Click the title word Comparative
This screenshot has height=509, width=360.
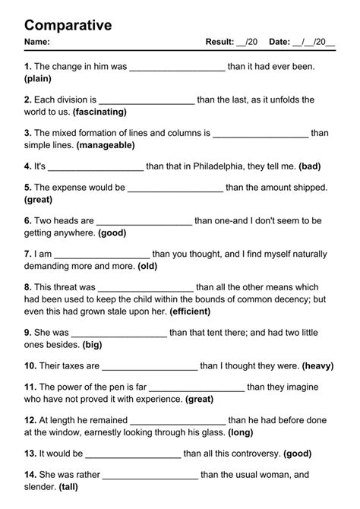pos(68,25)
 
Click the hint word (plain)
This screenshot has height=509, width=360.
pos(38,78)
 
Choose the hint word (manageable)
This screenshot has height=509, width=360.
pos(106,144)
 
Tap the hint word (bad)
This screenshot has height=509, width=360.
pos(311,166)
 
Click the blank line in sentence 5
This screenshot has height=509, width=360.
pos(175,188)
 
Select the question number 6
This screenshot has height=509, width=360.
pos(27,220)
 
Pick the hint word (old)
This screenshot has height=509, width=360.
pos(147,267)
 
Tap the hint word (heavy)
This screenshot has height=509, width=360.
pos(317,365)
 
